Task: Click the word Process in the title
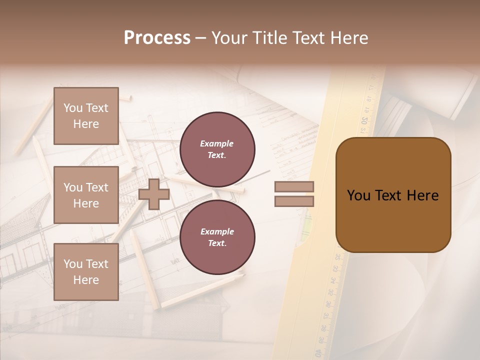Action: point(157,38)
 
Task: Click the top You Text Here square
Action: point(86,116)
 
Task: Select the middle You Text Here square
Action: point(86,195)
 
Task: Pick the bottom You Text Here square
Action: point(86,272)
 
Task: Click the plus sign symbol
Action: point(154,194)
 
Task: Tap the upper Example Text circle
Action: point(217,149)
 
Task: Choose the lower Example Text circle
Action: point(217,237)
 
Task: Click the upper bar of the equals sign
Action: point(294,186)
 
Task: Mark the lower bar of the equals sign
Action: point(294,201)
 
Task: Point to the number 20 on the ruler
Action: point(365,120)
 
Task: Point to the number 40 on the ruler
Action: point(318,353)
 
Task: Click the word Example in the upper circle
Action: point(217,143)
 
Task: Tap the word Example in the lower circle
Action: point(217,231)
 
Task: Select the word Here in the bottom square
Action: point(86,280)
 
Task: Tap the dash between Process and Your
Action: point(201,38)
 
